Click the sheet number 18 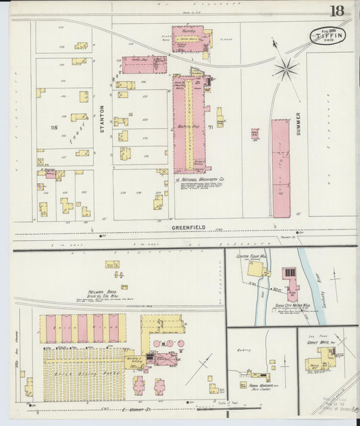336,11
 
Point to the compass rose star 286,68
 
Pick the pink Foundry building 187,38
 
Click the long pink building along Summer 280,168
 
